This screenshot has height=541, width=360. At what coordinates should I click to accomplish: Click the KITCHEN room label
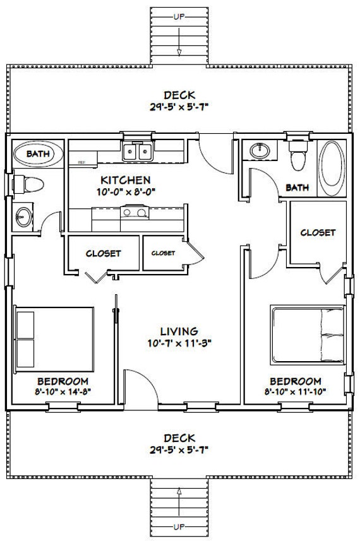(125, 180)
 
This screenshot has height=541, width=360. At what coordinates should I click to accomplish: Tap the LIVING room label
(179, 331)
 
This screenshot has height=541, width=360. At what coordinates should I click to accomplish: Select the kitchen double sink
(138, 152)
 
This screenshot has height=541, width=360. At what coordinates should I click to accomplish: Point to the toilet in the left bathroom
(28, 184)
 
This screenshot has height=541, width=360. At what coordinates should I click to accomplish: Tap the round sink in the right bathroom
(260, 150)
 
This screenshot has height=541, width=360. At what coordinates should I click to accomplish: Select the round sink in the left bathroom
(23, 217)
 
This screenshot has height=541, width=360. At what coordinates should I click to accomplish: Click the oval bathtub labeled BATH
(38, 154)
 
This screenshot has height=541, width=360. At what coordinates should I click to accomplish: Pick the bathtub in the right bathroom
(331, 169)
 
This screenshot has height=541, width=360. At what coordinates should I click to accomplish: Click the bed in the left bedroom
(54, 339)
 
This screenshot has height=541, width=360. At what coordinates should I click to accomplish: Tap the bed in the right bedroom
(308, 335)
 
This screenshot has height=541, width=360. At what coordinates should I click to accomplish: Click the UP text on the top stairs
(179, 16)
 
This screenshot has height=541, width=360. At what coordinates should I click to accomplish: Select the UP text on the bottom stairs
(179, 527)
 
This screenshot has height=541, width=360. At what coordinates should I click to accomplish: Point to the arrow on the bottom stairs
(179, 502)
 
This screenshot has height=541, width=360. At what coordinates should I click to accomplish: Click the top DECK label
(179, 95)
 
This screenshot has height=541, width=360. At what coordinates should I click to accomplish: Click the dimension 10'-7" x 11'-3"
(179, 343)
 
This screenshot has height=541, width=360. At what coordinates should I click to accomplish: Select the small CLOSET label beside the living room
(163, 253)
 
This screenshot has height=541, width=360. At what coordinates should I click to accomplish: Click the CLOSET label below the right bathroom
(318, 232)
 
